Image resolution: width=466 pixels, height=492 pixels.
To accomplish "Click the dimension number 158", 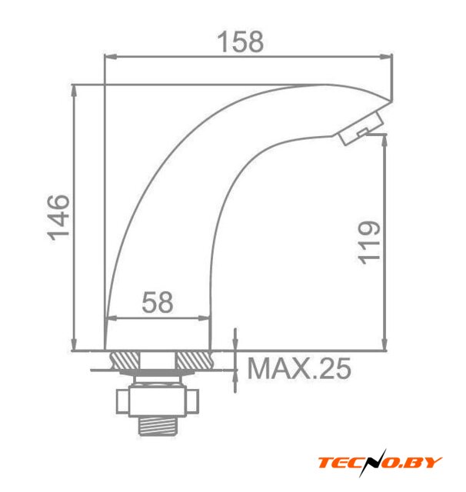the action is point(241,42).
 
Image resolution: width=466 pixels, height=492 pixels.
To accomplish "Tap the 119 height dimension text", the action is point(369,242).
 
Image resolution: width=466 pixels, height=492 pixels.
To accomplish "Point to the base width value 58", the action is point(157,302).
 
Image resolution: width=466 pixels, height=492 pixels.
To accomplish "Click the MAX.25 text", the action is point(298,368).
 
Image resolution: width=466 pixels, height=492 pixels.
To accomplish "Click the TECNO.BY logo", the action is point(380,463).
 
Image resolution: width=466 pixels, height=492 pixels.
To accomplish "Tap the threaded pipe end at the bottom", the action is point(157,425).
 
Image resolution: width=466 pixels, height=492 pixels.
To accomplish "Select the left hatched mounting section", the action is point(125,360).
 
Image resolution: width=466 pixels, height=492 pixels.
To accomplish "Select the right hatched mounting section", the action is point(193,360).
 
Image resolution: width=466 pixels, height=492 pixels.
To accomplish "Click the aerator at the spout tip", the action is point(361,128).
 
